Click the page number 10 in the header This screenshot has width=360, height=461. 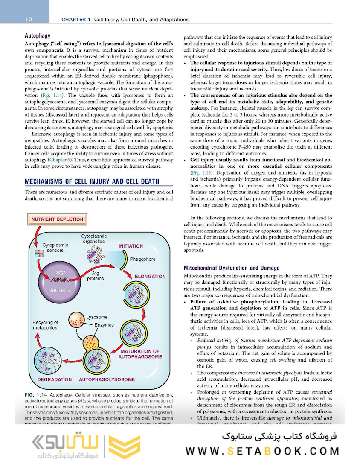[29, 19]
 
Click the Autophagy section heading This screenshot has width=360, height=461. [38, 36]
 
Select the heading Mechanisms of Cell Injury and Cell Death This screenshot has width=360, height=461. [92, 181]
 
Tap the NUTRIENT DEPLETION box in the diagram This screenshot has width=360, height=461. [57, 219]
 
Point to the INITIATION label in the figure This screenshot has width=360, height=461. [131, 246]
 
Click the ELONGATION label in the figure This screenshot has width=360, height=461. [150, 277]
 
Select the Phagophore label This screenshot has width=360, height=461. [142, 259]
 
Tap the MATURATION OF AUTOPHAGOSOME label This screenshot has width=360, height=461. [140, 354]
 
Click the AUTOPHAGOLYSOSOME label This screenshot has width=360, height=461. [107, 379]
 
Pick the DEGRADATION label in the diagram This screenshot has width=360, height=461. [55, 379]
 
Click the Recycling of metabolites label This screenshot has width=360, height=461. [45, 325]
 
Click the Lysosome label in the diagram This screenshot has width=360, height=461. [96, 317]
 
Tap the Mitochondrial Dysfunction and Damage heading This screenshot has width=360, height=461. [231, 268]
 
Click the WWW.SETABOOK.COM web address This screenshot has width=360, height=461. [262, 451]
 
